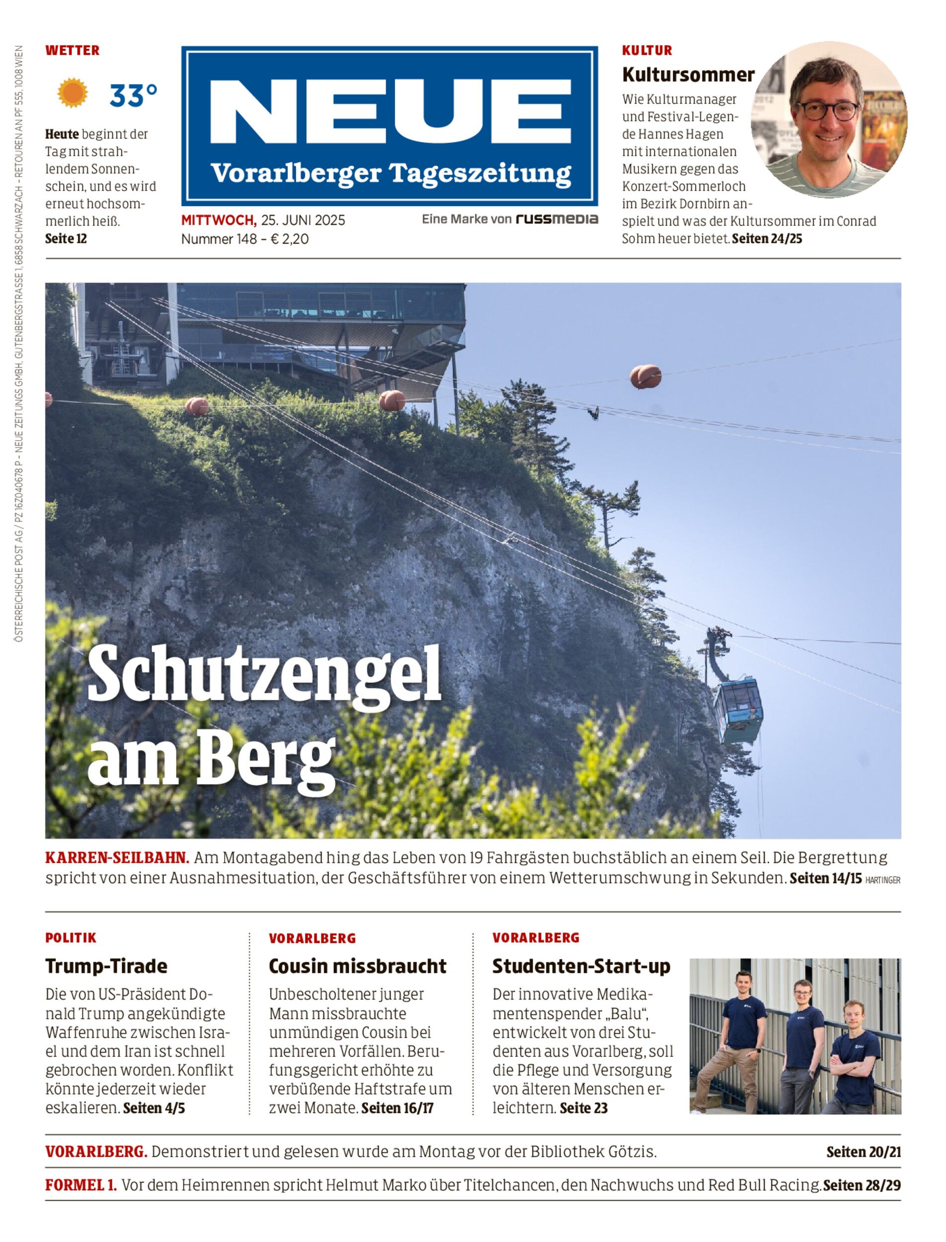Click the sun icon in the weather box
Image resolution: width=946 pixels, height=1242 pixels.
point(73,93)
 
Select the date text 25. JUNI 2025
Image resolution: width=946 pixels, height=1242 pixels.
point(303,220)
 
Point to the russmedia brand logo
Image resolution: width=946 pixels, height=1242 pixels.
point(556,219)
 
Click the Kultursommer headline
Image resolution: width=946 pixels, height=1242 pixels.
point(688,75)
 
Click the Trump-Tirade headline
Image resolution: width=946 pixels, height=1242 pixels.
point(106,966)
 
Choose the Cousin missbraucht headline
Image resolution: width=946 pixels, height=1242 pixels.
point(358,966)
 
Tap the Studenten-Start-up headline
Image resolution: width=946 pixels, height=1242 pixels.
point(581,966)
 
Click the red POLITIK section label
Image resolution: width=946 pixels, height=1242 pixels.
point(71,938)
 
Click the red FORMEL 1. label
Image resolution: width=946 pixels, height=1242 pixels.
point(81,1185)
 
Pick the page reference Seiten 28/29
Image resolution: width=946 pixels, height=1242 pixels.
point(862,1186)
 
